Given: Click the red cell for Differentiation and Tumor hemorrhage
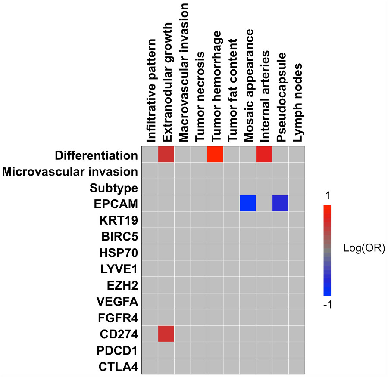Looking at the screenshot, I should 215,155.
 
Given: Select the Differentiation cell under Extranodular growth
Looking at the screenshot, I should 166,155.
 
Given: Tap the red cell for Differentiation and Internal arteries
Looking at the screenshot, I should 264,155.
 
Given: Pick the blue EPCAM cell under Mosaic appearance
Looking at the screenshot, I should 247,203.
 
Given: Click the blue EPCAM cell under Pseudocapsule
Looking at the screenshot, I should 280,203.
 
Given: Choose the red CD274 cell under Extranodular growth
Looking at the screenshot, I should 166,334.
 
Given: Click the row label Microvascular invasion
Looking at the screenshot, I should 70,172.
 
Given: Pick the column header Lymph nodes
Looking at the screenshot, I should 297,102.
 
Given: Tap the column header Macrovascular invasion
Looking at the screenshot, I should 183,72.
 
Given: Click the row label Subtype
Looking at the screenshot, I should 114,188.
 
